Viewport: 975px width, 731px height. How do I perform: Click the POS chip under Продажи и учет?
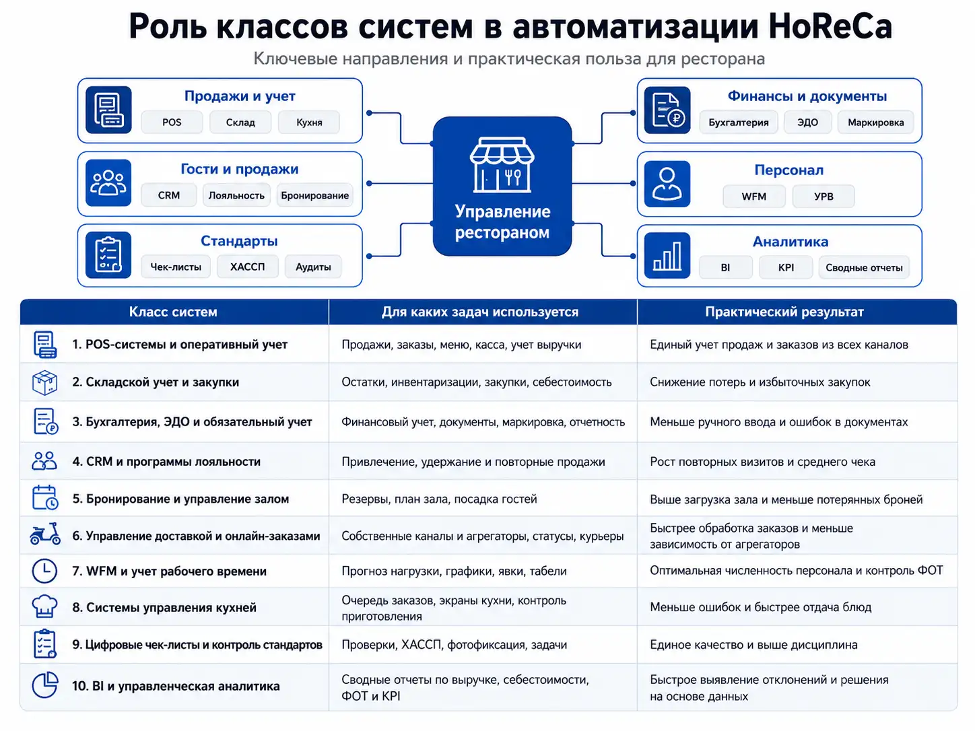click(172, 122)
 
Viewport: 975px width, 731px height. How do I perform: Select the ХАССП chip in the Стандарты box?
click(247, 267)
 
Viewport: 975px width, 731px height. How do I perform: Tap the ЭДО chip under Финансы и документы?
click(807, 122)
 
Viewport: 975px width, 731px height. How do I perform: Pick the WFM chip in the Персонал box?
click(753, 196)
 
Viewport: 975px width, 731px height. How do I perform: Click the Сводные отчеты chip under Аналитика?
click(864, 268)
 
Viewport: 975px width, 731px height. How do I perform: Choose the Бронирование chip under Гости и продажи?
click(314, 195)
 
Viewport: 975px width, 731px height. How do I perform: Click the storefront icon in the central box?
click(502, 165)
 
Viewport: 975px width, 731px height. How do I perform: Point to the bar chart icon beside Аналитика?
click(667, 256)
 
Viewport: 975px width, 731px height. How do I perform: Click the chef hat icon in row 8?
click(44, 606)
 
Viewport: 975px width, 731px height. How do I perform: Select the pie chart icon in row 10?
click(45, 685)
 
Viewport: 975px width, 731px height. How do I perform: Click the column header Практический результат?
click(784, 312)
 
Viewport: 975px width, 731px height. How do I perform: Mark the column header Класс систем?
click(173, 312)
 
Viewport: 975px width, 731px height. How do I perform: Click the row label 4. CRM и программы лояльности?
click(166, 462)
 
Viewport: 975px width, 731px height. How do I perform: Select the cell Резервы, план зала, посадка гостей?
click(439, 499)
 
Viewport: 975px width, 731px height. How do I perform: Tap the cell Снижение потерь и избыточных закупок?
click(760, 382)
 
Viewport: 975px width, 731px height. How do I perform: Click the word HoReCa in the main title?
click(830, 26)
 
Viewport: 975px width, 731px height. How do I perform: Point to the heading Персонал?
click(789, 170)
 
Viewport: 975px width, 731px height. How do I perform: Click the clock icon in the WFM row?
click(44, 571)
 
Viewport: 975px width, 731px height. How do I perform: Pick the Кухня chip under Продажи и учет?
click(309, 122)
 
